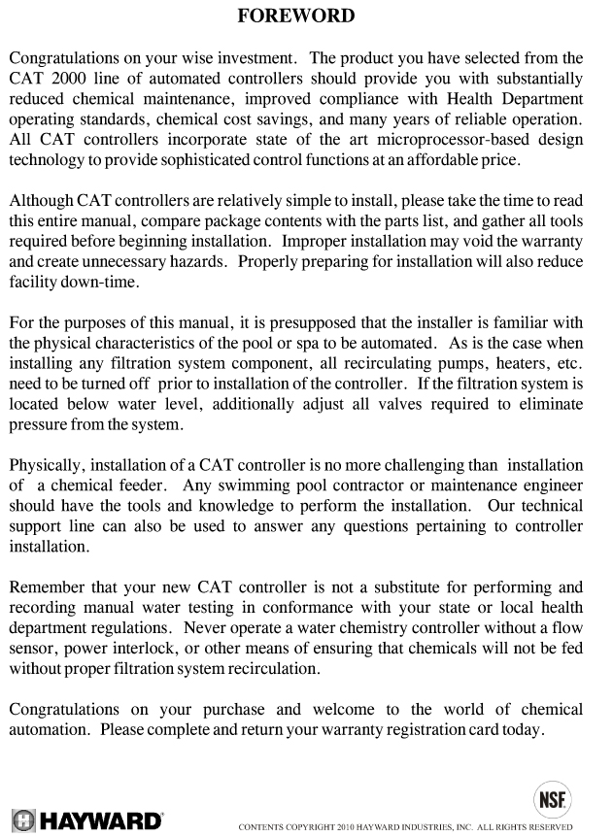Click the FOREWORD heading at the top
pyautogui.click(x=296, y=16)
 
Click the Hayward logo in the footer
pyautogui.click(x=86, y=820)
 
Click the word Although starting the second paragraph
pyautogui.click(x=42, y=201)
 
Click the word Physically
pyautogui.click(x=47, y=467)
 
